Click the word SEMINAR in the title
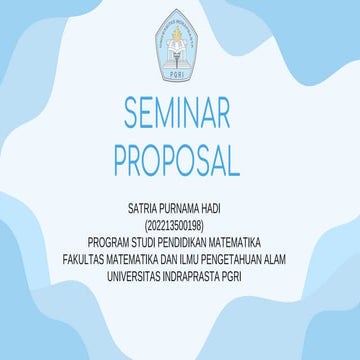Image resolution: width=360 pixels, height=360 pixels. click(180, 114)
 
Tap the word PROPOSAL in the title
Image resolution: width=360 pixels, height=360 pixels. click(180, 159)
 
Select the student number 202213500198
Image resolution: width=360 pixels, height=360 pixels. click(180, 227)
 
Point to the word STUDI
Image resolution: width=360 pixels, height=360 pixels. click(148, 242)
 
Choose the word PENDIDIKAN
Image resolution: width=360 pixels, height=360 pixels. click(192, 242)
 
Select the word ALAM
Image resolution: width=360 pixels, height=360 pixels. click(286, 257)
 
